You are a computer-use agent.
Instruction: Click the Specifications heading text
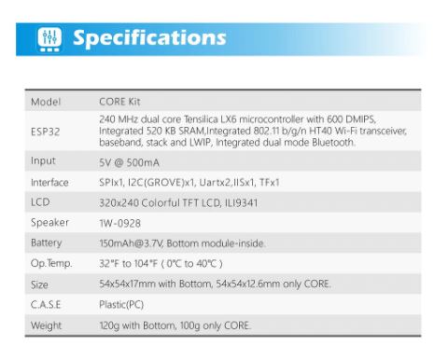[149, 38]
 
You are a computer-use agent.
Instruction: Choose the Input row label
[44, 161]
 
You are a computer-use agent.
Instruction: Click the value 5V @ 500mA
[128, 161]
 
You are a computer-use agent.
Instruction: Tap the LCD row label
[39, 202]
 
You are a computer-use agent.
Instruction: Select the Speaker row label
[49, 223]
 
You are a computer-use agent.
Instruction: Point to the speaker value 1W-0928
[119, 223]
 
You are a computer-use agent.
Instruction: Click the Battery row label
[48, 243]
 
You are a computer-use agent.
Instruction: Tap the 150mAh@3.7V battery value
[130, 243]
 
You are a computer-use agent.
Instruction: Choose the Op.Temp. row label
[51, 264]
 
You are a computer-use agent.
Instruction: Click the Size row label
[40, 284]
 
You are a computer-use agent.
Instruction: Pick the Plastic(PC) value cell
[122, 304]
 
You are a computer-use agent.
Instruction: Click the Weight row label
[46, 325]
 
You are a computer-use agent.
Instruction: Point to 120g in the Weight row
[108, 325]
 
